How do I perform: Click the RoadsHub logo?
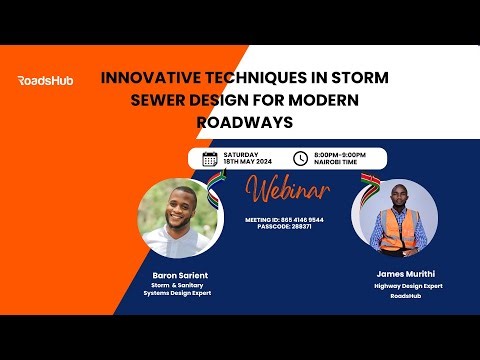[x=45, y=80]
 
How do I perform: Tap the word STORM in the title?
[x=359, y=78]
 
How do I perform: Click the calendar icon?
[x=210, y=158]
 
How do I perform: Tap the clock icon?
[x=300, y=158]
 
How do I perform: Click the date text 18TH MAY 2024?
[x=247, y=162]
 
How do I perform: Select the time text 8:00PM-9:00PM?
[x=340, y=154]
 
